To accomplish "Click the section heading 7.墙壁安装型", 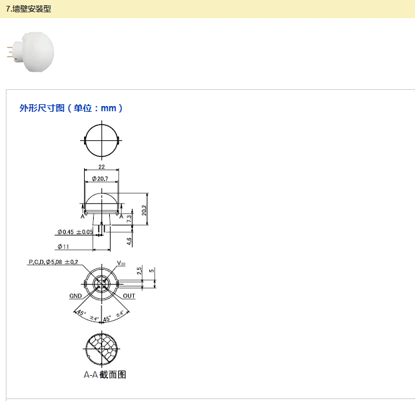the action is (x=28, y=9).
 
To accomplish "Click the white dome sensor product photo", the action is (x=30, y=52).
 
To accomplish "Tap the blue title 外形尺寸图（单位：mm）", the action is (x=71, y=108).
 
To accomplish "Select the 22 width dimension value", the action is (x=101, y=167).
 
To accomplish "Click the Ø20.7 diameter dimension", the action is (x=100, y=179).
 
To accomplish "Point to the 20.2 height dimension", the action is (x=144, y=210).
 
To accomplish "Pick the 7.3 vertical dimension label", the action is (x=129, y=219).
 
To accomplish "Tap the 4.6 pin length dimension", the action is (x=129, y=241).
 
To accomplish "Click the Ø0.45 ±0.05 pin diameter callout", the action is (x=75, y=232).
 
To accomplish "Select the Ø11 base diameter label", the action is (x=63, y=246).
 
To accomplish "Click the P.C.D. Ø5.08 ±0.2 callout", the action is (x=53, y=262).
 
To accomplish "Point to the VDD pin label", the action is (x=121, y=263).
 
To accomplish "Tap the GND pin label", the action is (x=76, y=296).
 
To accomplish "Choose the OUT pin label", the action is (x=129, y=296).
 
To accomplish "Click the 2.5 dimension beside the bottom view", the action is (x=140, y=270).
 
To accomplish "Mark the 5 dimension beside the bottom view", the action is (x=151, y=270).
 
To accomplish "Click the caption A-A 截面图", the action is (x=105, y=374).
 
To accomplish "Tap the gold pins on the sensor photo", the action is (x=10, y=52).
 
